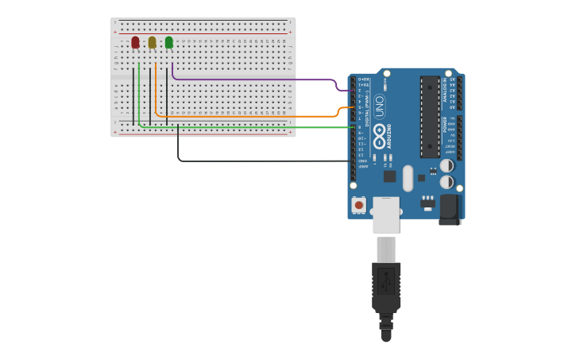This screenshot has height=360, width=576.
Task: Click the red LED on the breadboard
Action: [x=135, y=42]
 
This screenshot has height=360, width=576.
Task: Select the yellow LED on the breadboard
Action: [x=152, y=42]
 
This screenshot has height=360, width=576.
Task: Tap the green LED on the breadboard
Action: [x=168, y=42]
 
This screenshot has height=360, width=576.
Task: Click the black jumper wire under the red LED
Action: [x=133, y=95]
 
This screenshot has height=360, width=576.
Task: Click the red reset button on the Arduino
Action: [x=359, y=205]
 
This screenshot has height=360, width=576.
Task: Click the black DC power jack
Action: [x=450, y=208]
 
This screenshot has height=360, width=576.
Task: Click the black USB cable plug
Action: [x=386, y=286]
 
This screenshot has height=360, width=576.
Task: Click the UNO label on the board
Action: [x=379, y=106]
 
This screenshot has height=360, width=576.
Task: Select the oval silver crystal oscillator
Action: [x=408, y=178]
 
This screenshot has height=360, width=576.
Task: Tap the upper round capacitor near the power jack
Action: [x=446, y=165]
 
